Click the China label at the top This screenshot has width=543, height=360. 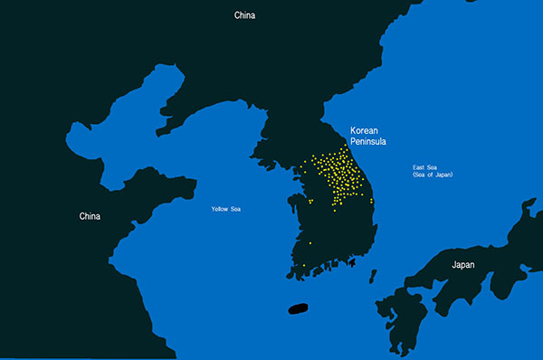pyautogui.click(x=244, y=14)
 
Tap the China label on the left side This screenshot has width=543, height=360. pyautogui.click(x=90, y=216)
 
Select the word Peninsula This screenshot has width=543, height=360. pyautogui.click(x=369, y=142)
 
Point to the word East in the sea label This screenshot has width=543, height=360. pyautogui.click(x=419, y=167)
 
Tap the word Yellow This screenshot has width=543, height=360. pyautogui.click(x=220, y=209)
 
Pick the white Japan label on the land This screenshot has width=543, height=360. pyautogui.click(x=462, y=265)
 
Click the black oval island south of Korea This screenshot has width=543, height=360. pyautogui.click(x=300, y=308)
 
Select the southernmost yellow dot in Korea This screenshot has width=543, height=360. pyautogui.click(x=304, y=266)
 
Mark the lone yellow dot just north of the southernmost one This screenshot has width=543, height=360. pyautogui.click(x=310, y=242)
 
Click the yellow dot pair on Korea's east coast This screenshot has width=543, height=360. pyautogui.click(x=371, y=201)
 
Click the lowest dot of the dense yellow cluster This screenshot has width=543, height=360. pyautogui.click(x=335, y=211)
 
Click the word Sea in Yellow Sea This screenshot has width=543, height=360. pyautogui.click(x=235, y=209)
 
